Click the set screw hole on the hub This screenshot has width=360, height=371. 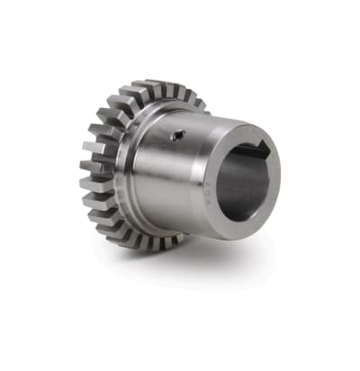point(179,137)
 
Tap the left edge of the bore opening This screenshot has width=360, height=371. point(216,185)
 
